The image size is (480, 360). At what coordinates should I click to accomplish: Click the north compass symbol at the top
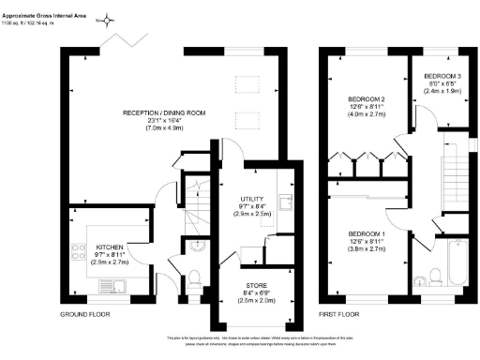(109, 20)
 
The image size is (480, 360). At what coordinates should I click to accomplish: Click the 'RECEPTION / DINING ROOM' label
(165, 113)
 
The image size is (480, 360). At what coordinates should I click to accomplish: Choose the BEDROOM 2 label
(367, 97)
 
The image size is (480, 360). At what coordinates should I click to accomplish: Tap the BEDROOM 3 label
(441, 76)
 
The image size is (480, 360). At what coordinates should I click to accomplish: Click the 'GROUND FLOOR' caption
(86, 314)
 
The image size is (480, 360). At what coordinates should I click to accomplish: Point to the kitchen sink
(107, 285)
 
